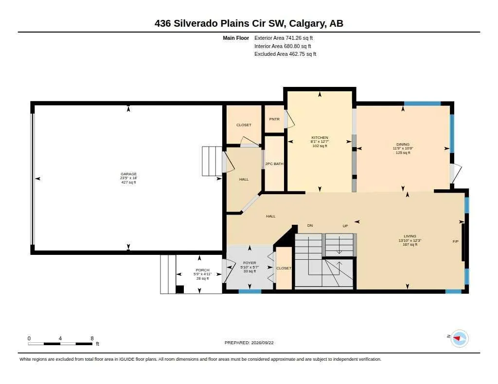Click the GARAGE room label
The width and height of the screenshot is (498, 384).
click(x=128, y=174)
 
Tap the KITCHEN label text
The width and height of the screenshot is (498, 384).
click(x=320, y=137)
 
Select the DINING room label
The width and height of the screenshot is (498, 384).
click(x=403, y=144)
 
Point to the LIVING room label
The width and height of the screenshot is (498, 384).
click(x=409, y=236)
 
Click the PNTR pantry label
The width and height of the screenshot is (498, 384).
click(x=274, y=119)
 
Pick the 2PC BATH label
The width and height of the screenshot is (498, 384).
click(x=274, y=164)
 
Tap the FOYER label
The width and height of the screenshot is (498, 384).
click(x=249, y=263)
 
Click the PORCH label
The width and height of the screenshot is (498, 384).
click(x=203, y=270)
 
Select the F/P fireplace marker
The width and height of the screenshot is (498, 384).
click(x=455, y=242)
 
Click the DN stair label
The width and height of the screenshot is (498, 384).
click(x=310, y=225)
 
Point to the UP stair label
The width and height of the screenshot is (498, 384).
click(x=345, y=226)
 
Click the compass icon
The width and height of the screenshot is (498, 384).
click(x=459, y=338)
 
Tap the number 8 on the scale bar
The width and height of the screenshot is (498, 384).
click(x=92, y=338)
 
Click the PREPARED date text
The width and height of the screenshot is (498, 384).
click(x=249, y=343)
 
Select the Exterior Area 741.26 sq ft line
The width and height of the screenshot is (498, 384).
click(x=284, y=38)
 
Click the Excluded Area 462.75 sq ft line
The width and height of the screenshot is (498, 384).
click(x=285, y=54)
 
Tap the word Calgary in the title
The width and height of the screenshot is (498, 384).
click(x=307, y=23)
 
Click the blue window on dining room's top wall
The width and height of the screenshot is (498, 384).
click(x=423, y=103)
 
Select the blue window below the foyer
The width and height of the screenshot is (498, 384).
click(x=250, y=291)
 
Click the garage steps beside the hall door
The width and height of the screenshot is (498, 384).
click(x=212, y=161)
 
